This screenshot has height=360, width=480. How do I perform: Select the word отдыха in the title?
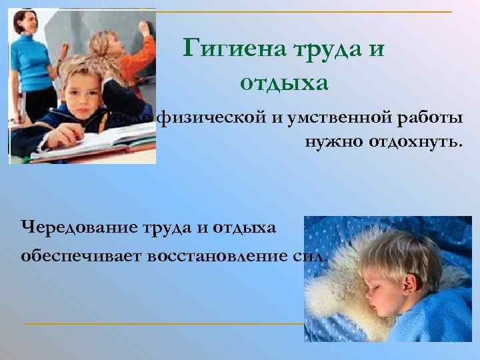(x=283, y=84)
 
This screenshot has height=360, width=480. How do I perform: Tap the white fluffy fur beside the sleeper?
(x=333, y=293)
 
